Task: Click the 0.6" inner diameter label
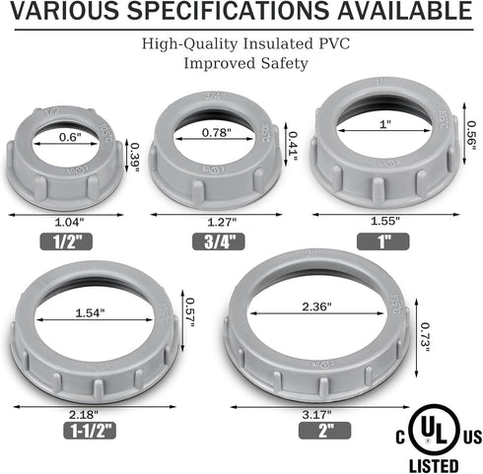[x=70, y=137]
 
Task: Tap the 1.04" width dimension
[x=69, y=223]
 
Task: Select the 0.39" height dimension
[x=134, y=158]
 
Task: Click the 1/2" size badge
[x=66, y=241]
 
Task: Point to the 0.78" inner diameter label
[x=217, y=133]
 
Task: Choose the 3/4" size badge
[x=219, y=241]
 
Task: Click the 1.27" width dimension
[x=222, y=223]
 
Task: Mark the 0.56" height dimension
[x=471, y=136]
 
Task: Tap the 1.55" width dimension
[x=385, y=221]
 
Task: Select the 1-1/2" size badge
[x=90, y=431]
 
